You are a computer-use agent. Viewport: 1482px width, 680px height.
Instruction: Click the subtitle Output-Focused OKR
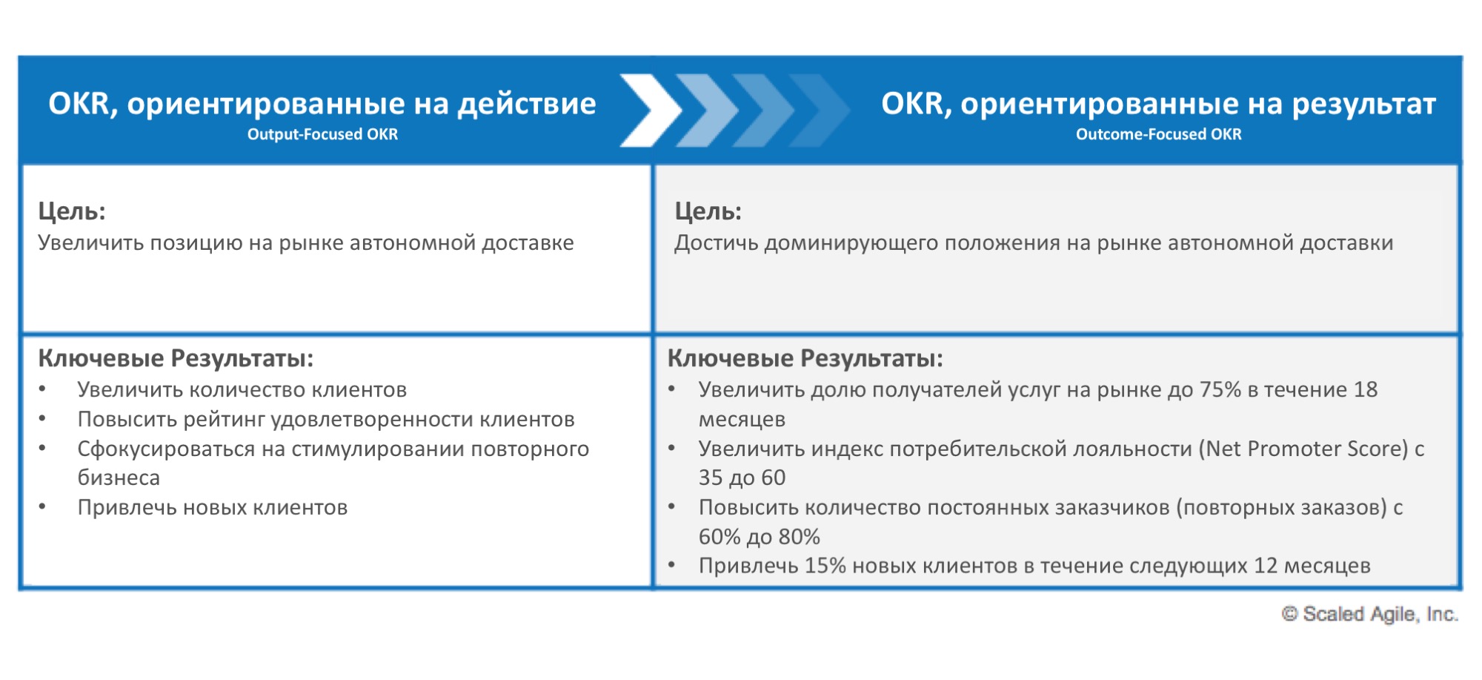(x=322, y=135)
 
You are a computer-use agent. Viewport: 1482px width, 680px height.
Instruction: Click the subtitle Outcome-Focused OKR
(x=1158, y=135)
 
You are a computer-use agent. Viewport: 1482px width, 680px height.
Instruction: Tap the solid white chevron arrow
(x=648, y=110)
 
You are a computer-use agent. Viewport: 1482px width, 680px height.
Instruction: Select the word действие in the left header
(x=526, y=105)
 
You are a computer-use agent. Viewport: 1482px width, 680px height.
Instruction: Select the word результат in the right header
(x=1363, y=105)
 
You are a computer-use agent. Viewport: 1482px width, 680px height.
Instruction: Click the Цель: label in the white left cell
(x=72, y=211)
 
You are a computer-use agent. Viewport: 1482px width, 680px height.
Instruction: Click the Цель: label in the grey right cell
(x=708, y=211)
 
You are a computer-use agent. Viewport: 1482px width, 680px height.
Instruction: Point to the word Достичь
(x=716, y=243)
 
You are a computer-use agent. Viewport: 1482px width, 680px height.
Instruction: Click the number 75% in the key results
(x=1220, y=390)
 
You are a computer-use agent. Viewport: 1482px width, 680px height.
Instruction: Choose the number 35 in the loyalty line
(x=711, y=478)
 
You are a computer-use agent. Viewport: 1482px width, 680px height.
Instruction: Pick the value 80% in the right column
(x=799, y=537)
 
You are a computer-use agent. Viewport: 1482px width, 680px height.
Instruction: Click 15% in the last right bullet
(x=825, y=567)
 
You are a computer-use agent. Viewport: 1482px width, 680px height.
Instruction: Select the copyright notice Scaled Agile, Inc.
(x=1370, y=615)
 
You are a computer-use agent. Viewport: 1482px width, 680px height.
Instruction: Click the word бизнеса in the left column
(x=119, y=478)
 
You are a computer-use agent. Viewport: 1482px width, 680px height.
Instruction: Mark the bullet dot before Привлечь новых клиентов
(x=43, y=507)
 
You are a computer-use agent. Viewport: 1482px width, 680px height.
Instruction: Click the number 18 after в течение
(x=1365, y=390)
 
